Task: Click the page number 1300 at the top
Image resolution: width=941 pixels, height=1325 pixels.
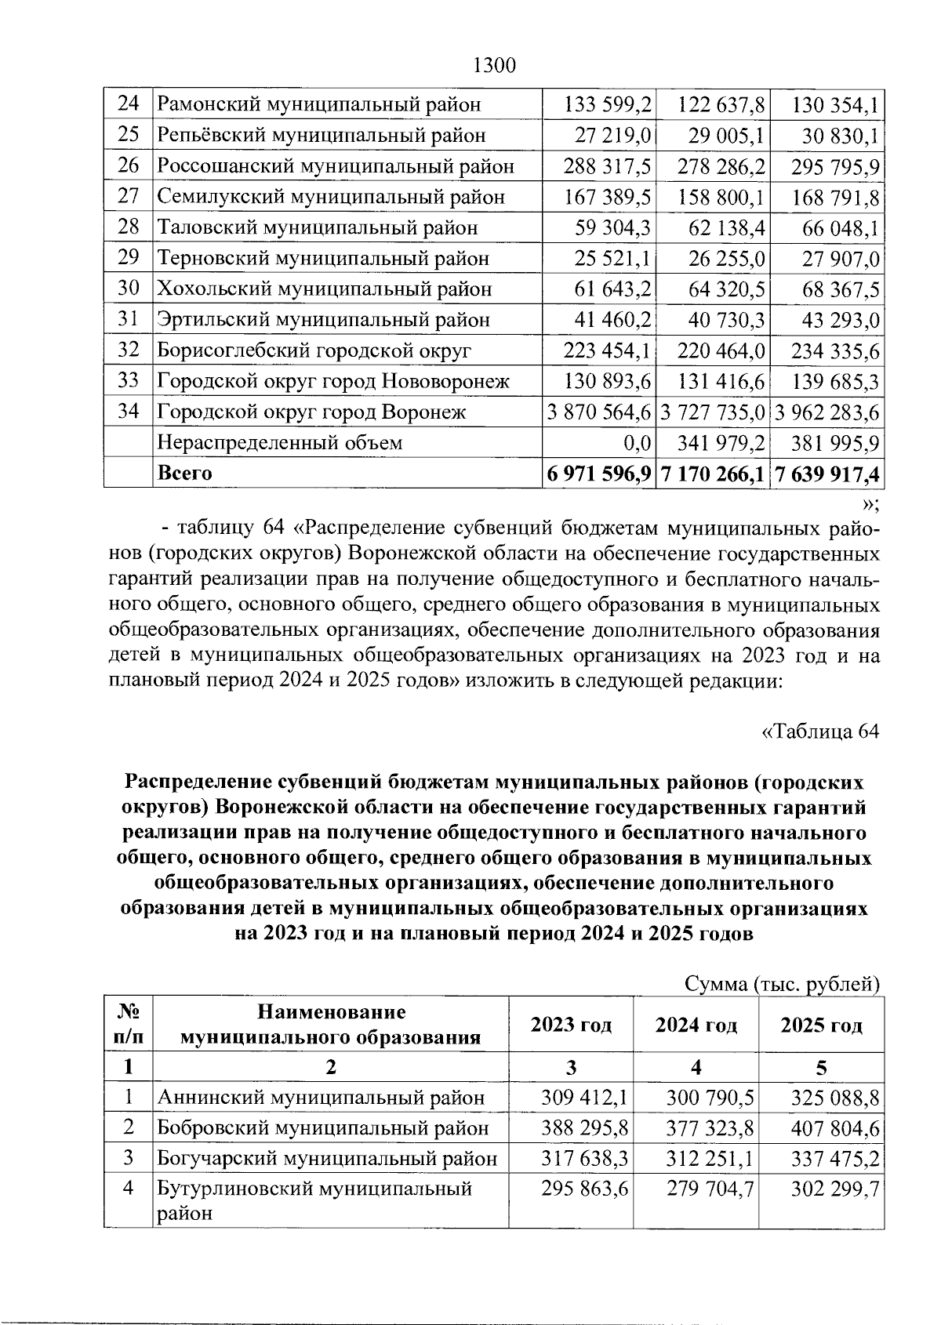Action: [495, 65]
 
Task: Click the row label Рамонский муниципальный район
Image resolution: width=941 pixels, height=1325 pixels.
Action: [318, 104]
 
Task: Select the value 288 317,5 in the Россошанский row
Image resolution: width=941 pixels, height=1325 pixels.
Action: [607, 166]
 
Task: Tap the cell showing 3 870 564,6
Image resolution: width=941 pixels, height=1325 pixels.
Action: [601, 412]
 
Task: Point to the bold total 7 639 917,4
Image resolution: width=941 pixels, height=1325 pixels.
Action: [827, 474]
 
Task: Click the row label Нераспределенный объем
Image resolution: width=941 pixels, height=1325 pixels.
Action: [279, 443]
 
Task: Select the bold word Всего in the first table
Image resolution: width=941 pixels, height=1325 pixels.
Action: [185, 474]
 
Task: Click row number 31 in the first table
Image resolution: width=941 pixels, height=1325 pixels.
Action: [128, 320]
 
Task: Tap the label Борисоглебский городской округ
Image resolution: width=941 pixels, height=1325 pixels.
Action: [314, 350]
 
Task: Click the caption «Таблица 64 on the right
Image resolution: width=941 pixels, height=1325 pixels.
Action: [820, 731]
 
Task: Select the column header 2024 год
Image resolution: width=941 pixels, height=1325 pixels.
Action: [696, 1025]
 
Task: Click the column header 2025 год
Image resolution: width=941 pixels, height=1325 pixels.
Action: [821, 1025]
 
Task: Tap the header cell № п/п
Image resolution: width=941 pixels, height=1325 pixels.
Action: [128, 1025]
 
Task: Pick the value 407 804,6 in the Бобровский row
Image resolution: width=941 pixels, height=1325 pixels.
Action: [835, 1128]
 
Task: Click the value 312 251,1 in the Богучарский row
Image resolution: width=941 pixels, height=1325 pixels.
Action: [710, 1159]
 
